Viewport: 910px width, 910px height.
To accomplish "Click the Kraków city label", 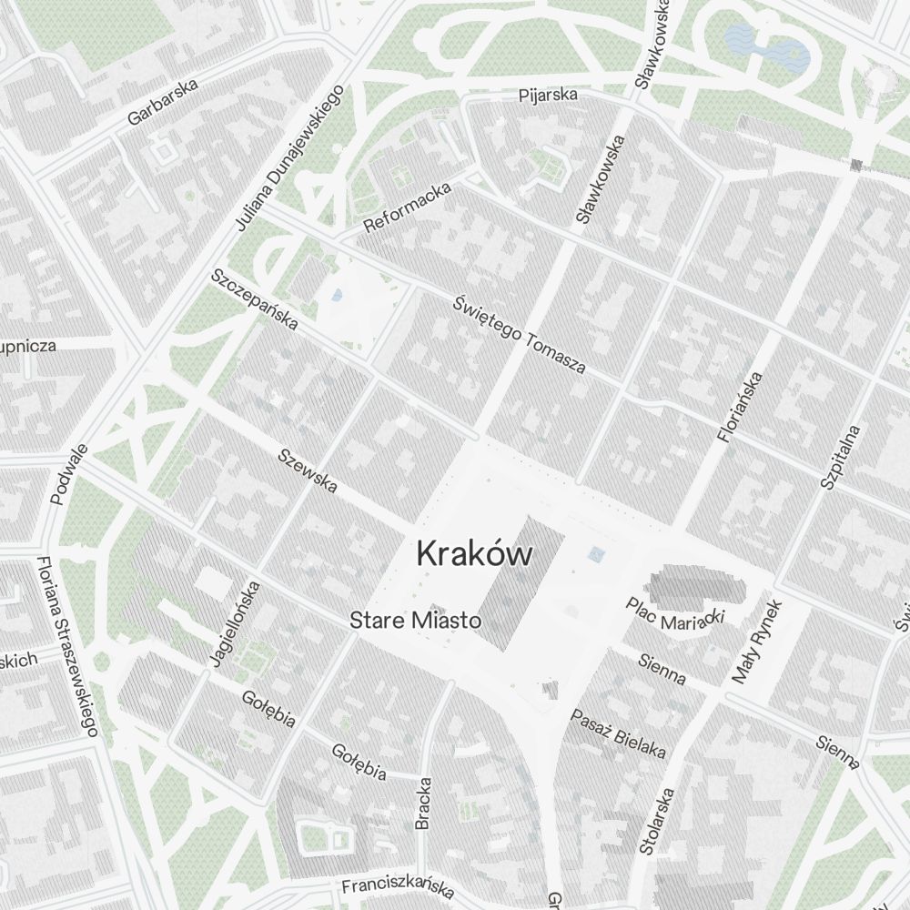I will pos(474,553).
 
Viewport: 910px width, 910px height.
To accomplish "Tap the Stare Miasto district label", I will pos(415,621).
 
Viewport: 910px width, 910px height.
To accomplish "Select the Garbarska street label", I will pos(163,103).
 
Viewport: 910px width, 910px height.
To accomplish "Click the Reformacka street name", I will pos(407,207).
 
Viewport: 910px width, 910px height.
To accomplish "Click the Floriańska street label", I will pos(739,407).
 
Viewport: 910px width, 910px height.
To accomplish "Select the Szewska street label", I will pos(308,470).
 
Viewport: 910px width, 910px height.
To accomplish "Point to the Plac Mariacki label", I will pos(674,614).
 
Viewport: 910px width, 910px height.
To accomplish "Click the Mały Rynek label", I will pos(757,642).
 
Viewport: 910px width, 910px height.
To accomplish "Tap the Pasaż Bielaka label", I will pos(618,733).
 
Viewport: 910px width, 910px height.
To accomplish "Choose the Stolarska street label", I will pos(657,821).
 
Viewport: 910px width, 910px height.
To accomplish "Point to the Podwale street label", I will pos(69,473).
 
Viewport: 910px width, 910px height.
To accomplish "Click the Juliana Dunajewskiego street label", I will pos(288,157).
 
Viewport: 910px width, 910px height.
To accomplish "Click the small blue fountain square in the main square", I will pos(597,552).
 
